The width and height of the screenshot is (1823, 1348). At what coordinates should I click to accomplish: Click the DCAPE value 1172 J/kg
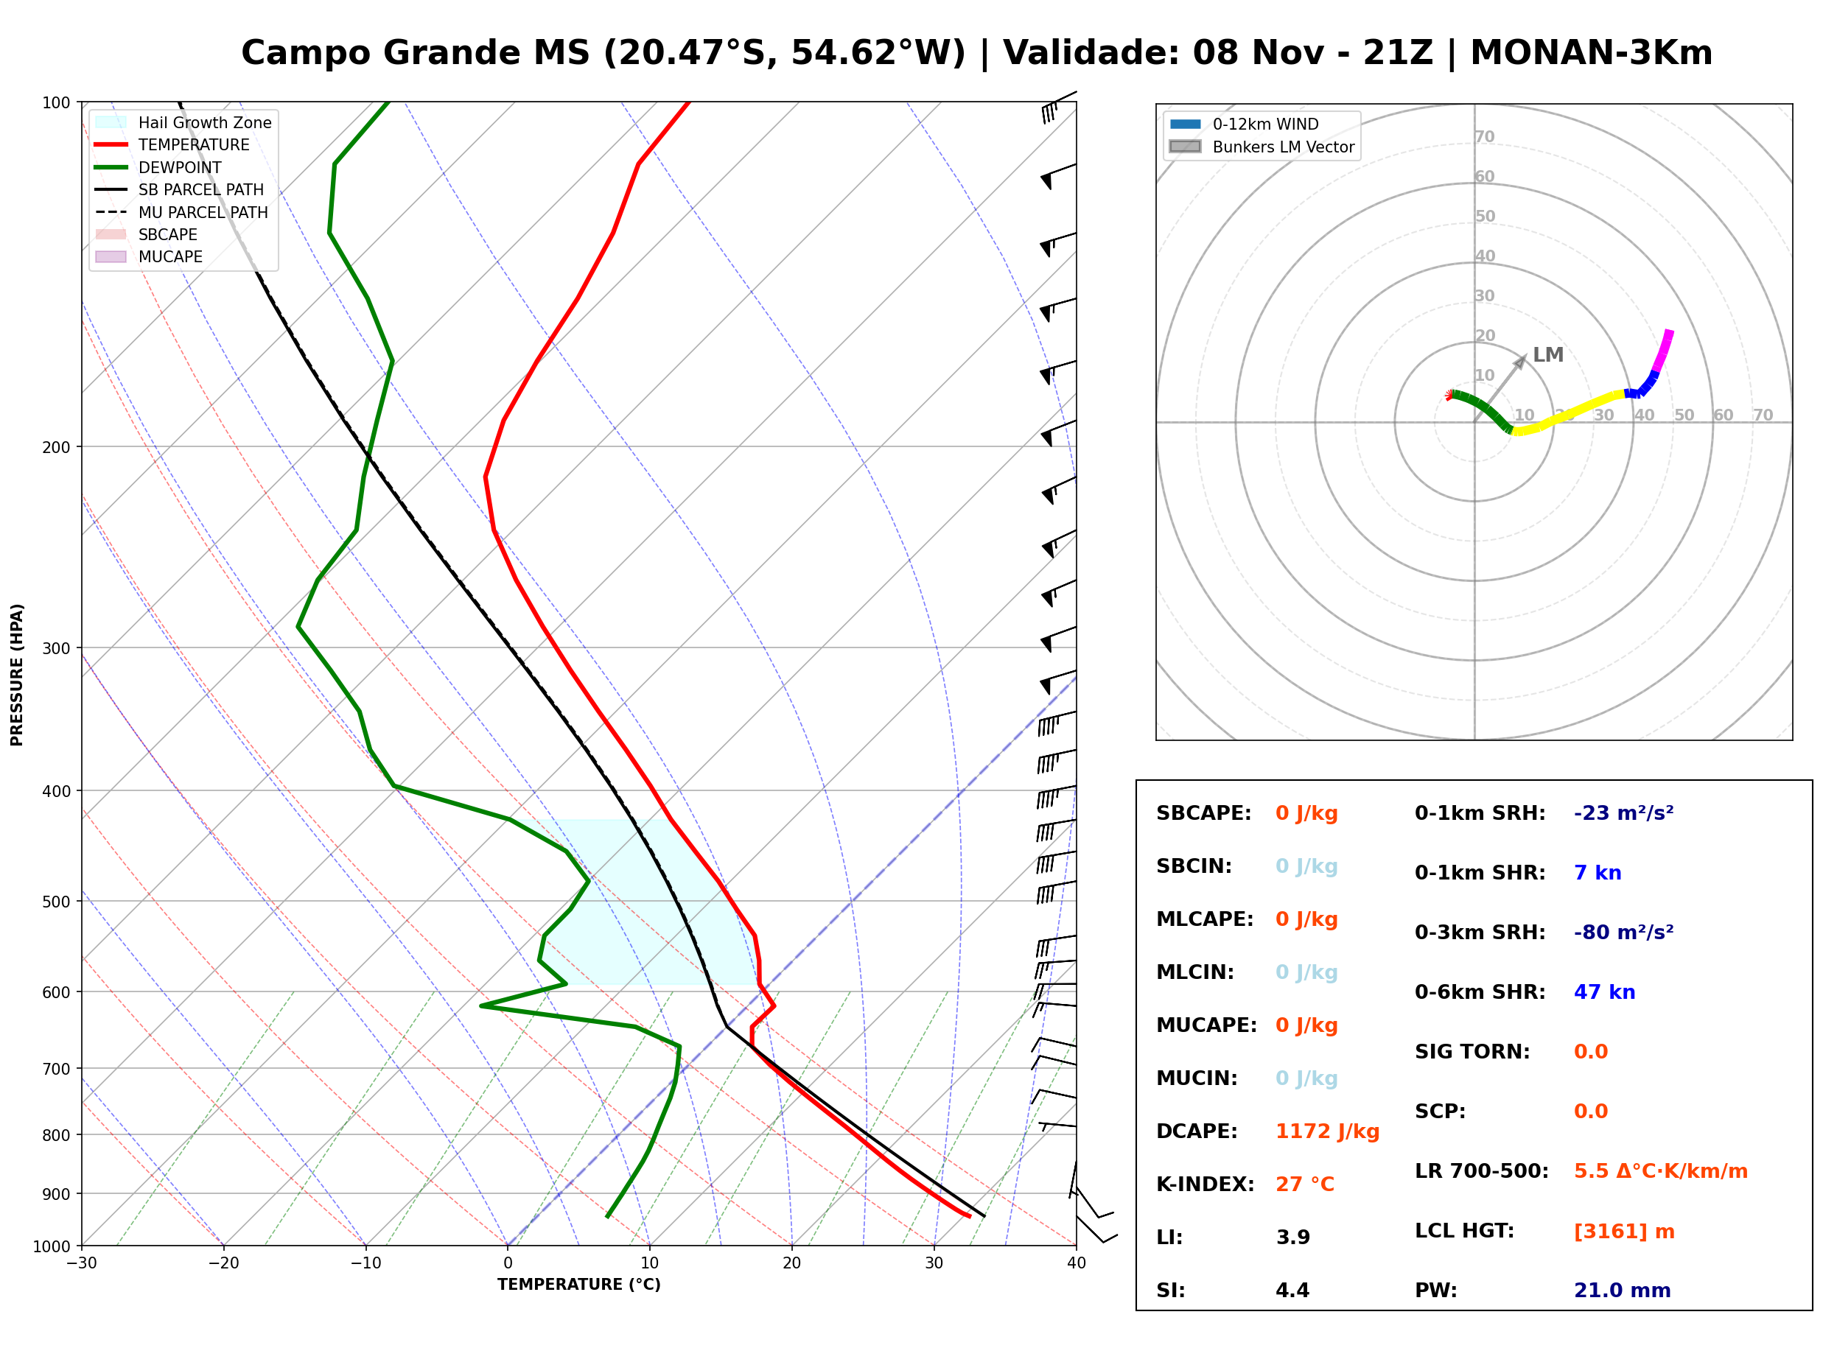coord(1327,1131)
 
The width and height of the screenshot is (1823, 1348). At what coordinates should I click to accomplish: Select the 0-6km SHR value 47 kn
coord(1604,992)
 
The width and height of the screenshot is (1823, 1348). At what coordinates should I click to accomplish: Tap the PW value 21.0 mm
coord(1623,1291)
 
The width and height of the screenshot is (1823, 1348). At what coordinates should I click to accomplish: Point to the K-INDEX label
coord(1206,1184)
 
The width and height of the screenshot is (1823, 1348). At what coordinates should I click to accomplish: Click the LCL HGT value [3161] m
coord(1624,1232)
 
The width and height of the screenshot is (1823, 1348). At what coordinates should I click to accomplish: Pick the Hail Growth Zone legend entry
coord(183,122)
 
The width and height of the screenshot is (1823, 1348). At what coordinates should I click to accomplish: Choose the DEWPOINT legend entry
coord(158,167)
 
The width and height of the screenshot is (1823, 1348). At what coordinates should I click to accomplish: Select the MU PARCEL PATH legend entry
coord(181,212)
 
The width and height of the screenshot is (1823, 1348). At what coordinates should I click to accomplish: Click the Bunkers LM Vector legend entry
coord(1262,147)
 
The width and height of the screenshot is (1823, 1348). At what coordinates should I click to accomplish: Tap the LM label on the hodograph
coord(1548,355)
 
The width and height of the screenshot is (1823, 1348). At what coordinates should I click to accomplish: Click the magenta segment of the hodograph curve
coord(1662,351)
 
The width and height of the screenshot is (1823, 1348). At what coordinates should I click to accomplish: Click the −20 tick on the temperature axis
coord(223,1263)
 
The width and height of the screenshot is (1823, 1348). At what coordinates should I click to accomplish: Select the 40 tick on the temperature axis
coord(1077,1263)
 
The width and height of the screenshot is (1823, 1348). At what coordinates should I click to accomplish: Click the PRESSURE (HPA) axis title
coord(17,675)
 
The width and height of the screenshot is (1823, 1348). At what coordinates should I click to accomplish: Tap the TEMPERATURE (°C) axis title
coord(579,1285)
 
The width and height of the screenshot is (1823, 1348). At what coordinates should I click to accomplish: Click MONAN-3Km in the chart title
coord(1591,53)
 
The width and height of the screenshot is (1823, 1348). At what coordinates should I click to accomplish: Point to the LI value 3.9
coord(1292,1238)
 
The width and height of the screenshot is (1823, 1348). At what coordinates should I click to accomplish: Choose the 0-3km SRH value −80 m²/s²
coord(1624,932)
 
